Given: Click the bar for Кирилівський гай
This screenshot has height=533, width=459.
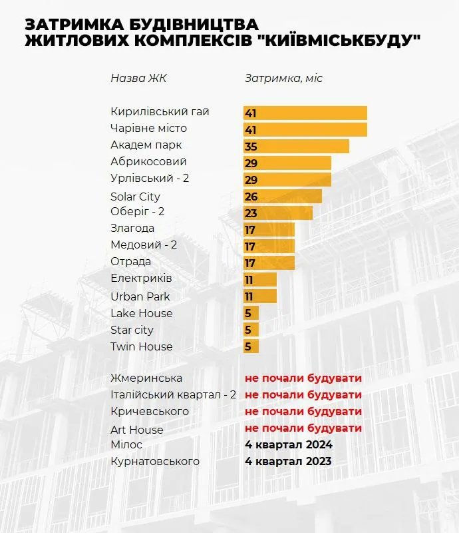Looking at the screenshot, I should tap(305, 113).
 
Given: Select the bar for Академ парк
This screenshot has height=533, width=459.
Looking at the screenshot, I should tap(296, 146).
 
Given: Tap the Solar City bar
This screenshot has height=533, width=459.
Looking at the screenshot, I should tap(283, 196).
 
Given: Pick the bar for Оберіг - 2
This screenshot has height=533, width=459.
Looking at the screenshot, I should tap(278, 213).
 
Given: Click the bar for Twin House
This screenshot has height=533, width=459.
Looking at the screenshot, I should tap(251, 346).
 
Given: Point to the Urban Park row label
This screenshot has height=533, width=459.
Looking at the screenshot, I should tap(140, 296).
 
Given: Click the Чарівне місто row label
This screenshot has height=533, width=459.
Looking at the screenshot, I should tap(149, 128).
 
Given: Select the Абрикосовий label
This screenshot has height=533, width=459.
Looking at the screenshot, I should tap(148, 161).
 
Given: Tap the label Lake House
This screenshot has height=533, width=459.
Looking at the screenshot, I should tap(142, 313).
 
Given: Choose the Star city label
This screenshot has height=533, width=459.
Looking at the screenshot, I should tap(132, 330).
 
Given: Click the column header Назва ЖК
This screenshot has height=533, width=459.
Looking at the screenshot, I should tap(138, 78).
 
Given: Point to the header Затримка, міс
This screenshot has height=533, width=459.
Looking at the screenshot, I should tap(283, 78).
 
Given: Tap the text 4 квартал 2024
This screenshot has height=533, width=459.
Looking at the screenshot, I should tap(289, 444).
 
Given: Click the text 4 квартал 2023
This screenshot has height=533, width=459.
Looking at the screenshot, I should tap(289, 461).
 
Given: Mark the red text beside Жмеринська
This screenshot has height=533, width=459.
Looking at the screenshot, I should tap(303, 378).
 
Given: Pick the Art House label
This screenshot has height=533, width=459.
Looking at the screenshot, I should tap(137, 429).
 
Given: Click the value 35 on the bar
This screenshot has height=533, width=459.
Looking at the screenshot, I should tap(251, 147).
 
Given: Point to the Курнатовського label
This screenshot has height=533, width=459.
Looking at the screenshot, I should tap(155, 461).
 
